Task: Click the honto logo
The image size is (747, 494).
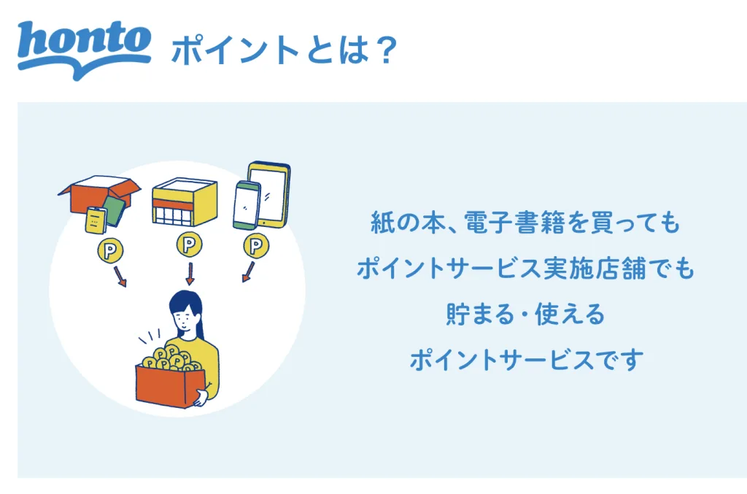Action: point(85,50)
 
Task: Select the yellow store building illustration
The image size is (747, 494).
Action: point(185,202)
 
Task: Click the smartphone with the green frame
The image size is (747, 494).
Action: point(247,206)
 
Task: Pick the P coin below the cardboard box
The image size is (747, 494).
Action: point(110,250)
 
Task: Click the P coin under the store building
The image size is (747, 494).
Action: point(189,244)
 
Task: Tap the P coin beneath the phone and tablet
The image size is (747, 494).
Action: point(256,246)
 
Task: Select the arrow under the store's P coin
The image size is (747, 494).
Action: point(190,274)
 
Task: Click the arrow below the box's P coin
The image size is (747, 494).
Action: point(120,277)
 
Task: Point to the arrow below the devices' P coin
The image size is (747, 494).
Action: point(248,272)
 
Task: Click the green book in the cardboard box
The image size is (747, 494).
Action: point(115,211)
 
